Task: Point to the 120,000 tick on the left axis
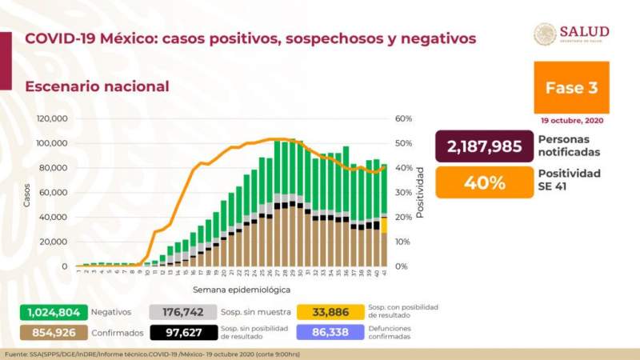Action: point(52,118)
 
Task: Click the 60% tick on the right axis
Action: point(403,118)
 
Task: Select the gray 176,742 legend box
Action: point(180,313)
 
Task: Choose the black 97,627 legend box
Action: point(180,332)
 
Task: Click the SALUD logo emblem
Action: point(545,34)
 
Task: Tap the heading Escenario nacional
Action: point(97,86)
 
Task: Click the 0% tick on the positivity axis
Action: point(401,266)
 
